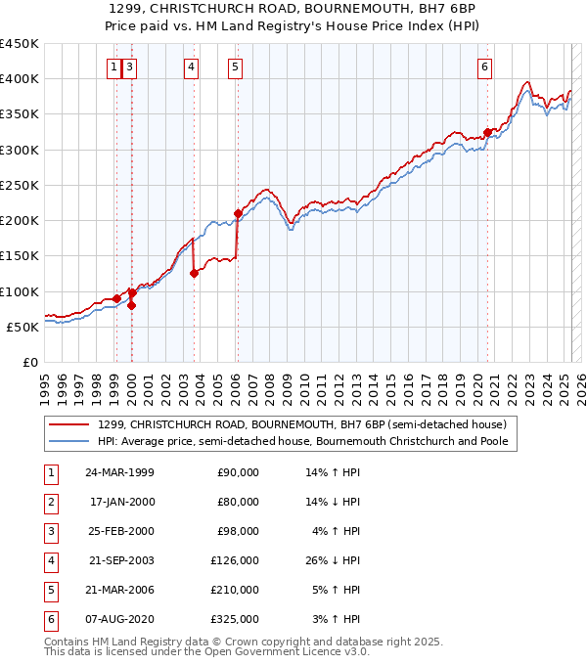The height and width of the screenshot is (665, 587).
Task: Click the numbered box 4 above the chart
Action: click(x=192, y=66)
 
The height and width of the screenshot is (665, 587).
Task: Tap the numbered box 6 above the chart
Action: click(x=485, y=66)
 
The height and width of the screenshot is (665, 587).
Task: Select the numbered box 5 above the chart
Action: click(x=236, y=66)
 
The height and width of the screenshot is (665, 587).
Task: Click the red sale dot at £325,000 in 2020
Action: click(x=487, y=132)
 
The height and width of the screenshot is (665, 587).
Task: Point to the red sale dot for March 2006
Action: click(x=238, y=213)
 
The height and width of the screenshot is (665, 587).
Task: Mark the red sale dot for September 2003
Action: click(x=194, y=274)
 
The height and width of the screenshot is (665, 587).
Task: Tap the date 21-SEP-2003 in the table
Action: click(x=120, y=560)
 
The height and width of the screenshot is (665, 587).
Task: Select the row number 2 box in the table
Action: click(x=51, y=502)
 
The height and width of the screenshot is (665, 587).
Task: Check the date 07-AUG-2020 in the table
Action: click(x=120, y=619)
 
